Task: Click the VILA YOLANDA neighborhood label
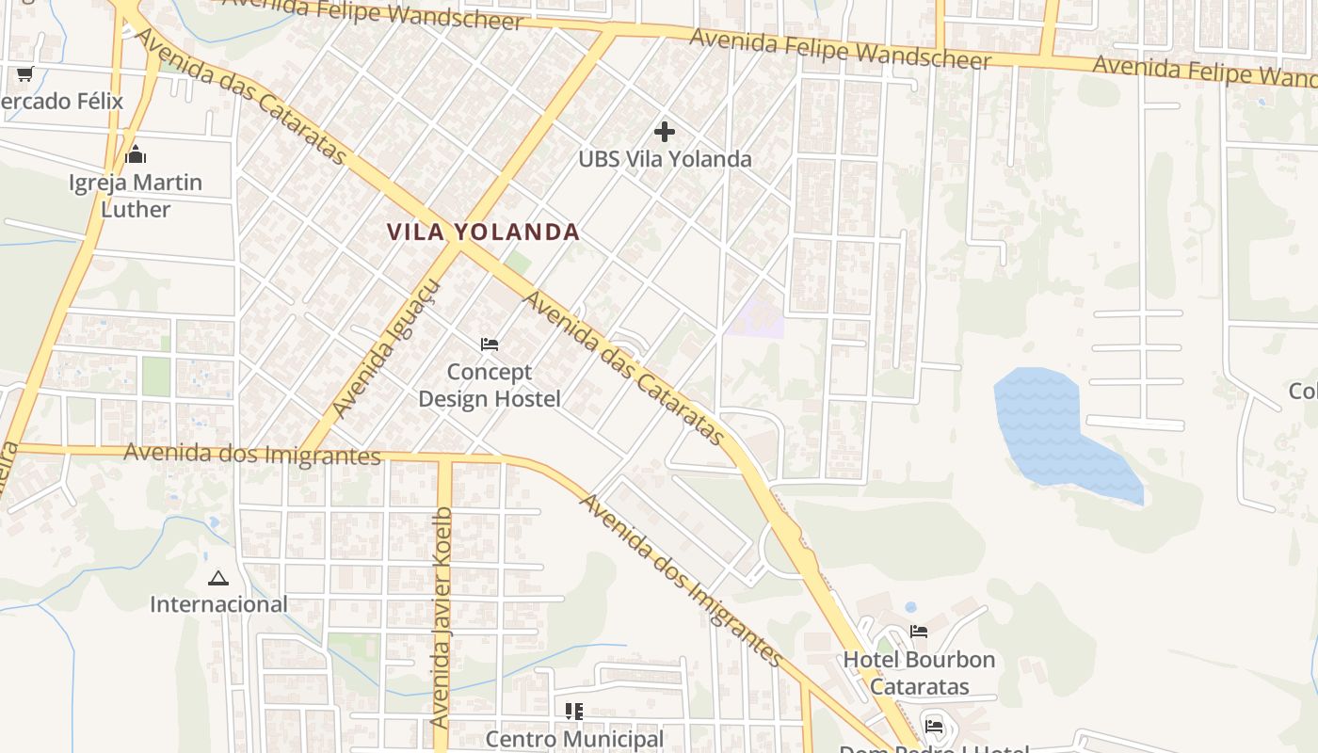tap(483, 232)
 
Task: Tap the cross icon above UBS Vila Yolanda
tap(665, 132)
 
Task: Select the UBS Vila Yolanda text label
tap(665, 159)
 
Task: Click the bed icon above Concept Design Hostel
tap(490, 344)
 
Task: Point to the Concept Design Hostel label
tap(490, 385)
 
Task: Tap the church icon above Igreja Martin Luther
tap(136, 154)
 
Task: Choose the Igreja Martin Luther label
tap(136, 195)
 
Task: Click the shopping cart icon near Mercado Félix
tap(24, 73)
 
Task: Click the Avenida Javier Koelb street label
tap(441, 617)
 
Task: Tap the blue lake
tap(1054, 428)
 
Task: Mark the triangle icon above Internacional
tap(218, 578)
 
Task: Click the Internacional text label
tap(218, 604)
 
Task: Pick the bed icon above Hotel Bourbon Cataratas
tap(919, 632)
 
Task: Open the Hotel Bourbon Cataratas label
tap(919, 672)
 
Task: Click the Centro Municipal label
tap(574, 739)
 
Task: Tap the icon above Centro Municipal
tap(574, 711)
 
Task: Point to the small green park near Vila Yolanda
tap(517, 261)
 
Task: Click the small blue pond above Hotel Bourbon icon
tap(910, 607)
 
